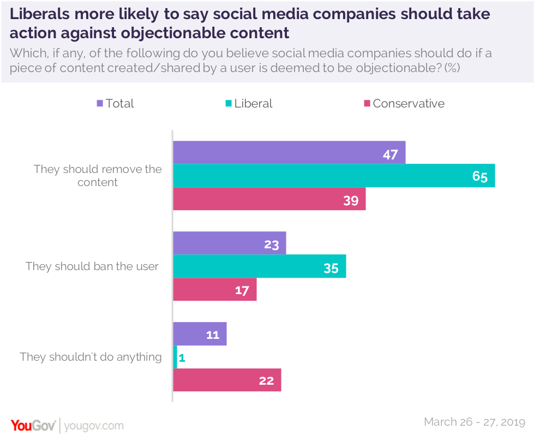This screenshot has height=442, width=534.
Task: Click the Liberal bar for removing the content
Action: point(333,176)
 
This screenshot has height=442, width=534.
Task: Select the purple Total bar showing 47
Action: point(289,153)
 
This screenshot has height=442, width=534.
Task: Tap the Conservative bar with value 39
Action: point(269,199)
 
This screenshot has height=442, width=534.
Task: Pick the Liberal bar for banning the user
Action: point(259,266)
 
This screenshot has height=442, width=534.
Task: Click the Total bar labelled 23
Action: point(229,243)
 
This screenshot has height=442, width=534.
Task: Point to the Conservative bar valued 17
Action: point(214,289)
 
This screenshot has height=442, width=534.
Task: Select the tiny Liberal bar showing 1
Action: point(175,357)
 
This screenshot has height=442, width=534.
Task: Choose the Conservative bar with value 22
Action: point(227,380)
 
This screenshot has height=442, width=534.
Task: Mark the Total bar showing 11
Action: point(200,334)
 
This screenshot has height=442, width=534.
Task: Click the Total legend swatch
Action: point(100,104)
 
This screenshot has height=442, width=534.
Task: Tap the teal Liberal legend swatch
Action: point(229,104)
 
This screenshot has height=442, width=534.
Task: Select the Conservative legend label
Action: point(409,104)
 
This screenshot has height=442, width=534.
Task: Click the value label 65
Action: point(480,177)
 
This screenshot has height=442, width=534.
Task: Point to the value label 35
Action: point(331,267)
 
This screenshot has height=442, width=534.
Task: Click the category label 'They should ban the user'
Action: point(92,266)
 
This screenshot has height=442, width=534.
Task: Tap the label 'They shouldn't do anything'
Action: point(91,357)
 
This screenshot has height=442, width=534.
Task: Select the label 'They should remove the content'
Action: point(98,176)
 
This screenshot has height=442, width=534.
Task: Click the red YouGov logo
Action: point(32,425)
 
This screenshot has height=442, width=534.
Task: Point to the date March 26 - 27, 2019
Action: point(474,422)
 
